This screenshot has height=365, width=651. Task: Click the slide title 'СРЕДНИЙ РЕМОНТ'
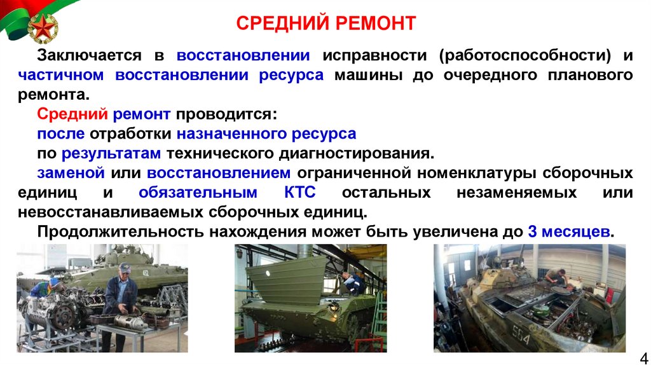click(326, 24)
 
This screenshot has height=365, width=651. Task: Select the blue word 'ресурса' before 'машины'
click(291, 75)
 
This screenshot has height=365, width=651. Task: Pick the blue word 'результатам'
click(112, 154)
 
